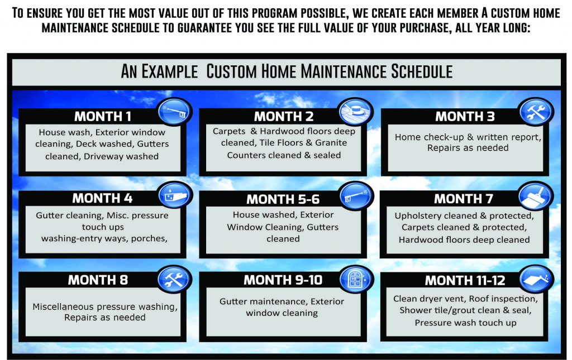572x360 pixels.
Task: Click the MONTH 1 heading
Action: pos(103,117)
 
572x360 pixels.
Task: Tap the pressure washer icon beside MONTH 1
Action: pos(175,112)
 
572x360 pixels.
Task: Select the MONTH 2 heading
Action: pos(284,117)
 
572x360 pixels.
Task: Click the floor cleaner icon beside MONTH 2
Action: pos(355,112)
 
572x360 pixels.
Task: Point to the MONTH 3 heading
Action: pos(465,117)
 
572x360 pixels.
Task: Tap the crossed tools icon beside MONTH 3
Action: pos(536,112)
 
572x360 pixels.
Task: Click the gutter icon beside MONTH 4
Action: pos(175,195)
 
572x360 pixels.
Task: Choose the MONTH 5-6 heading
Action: pos(283,199)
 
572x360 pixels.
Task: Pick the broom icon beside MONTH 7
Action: pos(536,196)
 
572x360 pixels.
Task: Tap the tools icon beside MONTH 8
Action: pos(175,279)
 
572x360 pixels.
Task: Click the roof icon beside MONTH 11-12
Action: pos(536,279)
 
